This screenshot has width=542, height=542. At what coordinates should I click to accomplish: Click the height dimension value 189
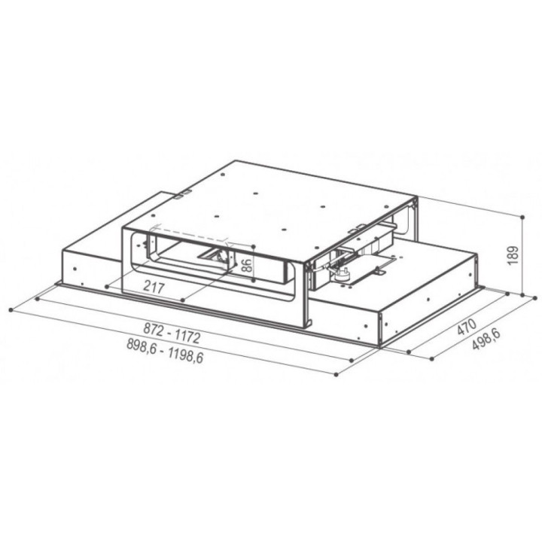(513, 255)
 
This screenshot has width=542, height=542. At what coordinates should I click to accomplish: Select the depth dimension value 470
(467, 327)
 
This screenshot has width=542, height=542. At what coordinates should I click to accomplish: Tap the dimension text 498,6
(486, 340)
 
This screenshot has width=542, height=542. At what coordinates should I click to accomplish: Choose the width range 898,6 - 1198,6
(165, 350)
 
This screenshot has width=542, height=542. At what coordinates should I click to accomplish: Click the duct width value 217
(154, 287)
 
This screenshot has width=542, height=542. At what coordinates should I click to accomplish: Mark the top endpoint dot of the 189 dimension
(522, 217)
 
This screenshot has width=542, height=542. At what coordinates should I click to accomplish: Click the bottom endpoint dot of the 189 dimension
(522, 295)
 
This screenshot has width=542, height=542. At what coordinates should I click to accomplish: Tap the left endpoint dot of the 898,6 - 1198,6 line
(11, 310)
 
